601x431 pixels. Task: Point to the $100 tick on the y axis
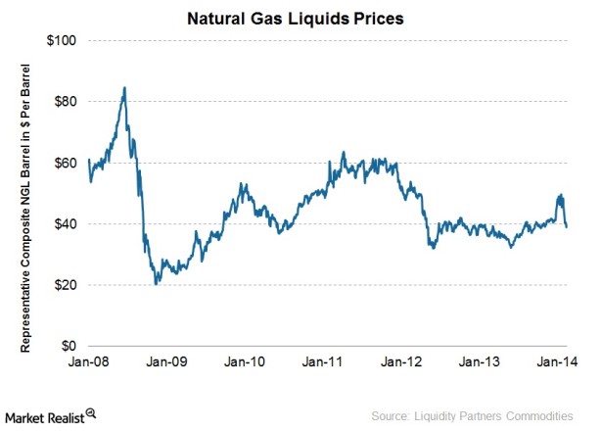(x=64, y=40)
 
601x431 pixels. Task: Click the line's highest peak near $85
(x=124, y=87)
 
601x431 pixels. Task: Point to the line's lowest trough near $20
(x=156, y=284)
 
